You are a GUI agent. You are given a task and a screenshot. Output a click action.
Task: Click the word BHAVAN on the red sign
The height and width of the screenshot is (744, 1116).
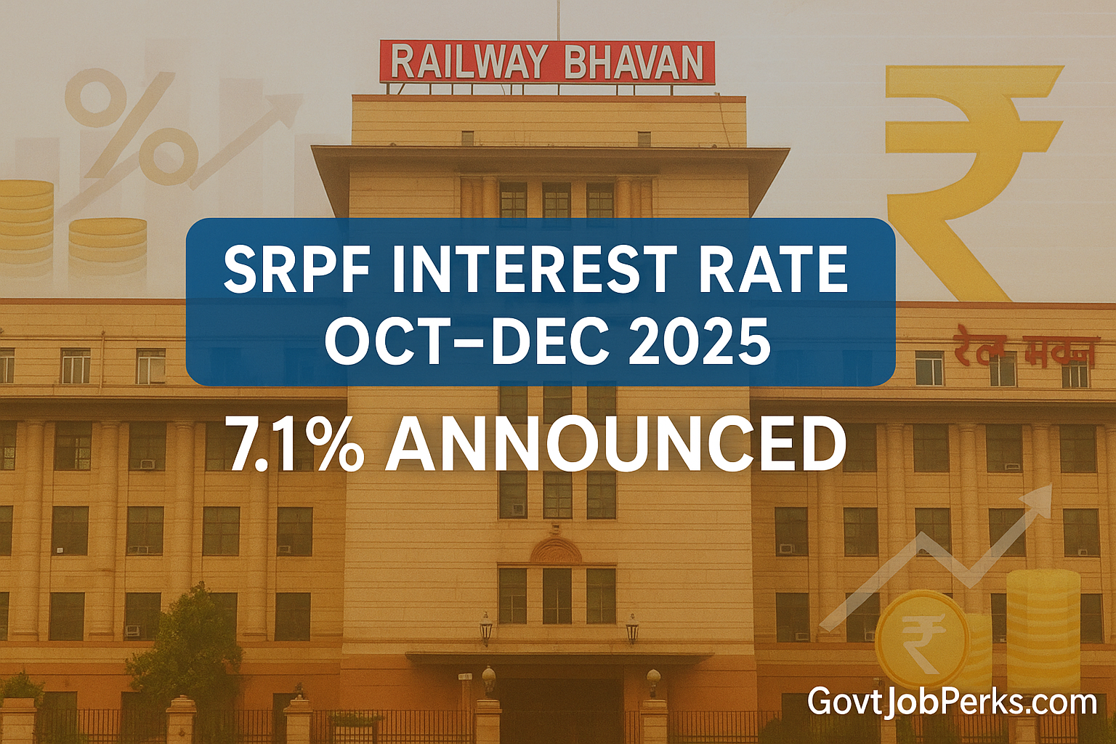click(634, 63)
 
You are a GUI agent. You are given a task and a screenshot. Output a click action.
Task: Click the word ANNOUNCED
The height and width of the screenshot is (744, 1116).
click(616, 445)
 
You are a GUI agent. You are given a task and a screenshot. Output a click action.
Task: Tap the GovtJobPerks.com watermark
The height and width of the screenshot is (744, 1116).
click(952, 703)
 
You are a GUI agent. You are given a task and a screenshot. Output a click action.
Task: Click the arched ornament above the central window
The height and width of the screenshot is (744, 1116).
click(556, 550)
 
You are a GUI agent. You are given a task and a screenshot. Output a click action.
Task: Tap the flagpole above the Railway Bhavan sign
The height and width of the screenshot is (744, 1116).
click(558, 20)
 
